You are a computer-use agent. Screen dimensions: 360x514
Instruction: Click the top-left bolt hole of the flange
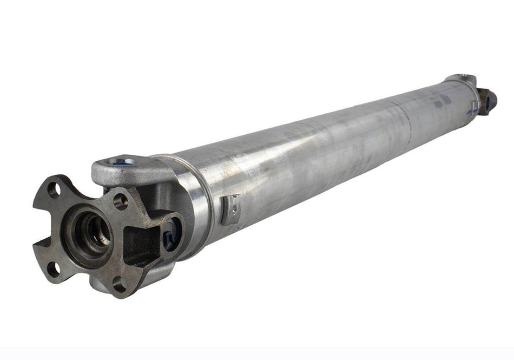click(x=53, y=189)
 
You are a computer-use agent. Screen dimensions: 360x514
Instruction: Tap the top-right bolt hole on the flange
click(x=120, y=201)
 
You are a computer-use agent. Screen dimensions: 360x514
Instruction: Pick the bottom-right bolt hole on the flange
click(x=120, y=283)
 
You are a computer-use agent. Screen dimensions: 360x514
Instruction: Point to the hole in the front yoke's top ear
click(x=122, y=161)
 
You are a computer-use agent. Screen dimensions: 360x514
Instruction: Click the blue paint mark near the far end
click(x=470, y=111)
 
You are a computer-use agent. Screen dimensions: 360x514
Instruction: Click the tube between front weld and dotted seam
click(x=303, y=162)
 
